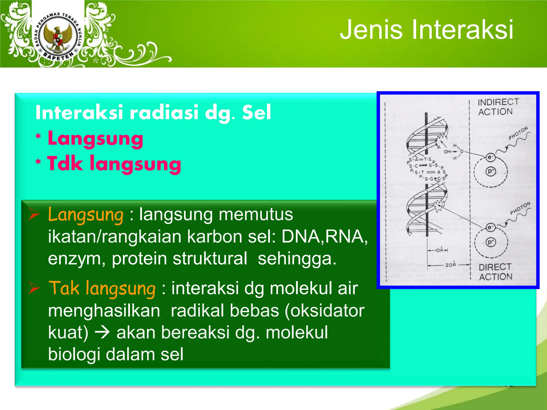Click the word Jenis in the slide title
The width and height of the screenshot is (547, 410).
371,30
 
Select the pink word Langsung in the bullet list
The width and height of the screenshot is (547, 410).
95,139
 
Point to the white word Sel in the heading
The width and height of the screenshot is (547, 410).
256,112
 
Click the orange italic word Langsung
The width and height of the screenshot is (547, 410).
85,215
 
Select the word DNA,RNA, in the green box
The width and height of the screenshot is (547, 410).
324,236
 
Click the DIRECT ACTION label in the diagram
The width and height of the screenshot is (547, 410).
495,272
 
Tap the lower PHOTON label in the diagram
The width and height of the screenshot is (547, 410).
519,208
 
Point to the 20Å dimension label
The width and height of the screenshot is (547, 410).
451,265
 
